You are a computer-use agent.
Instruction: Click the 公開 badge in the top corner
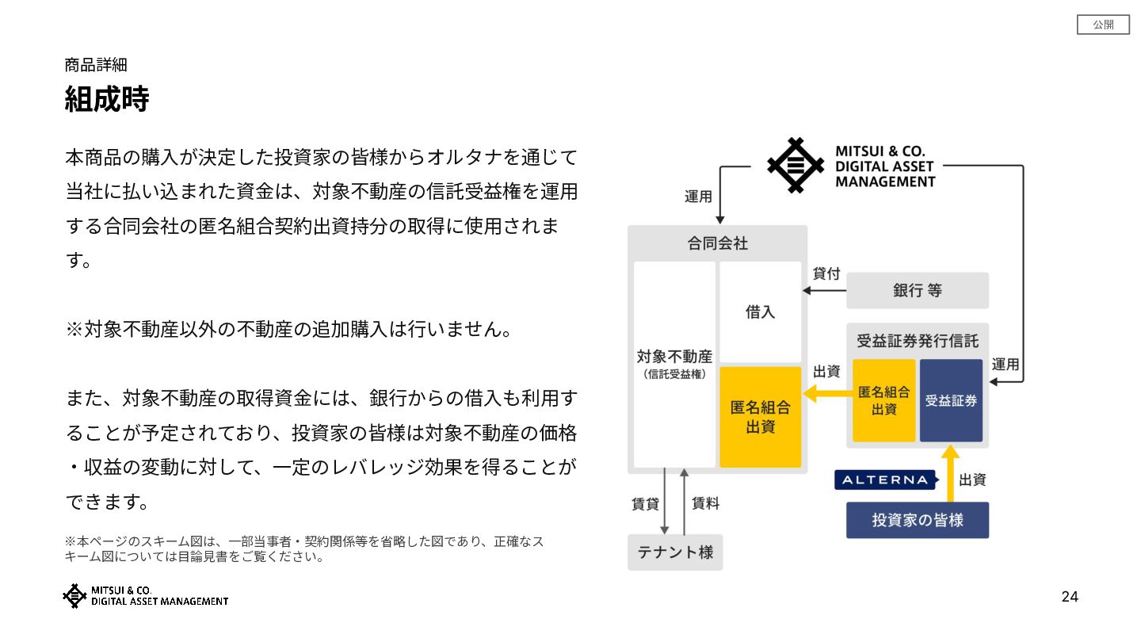[1103, 25]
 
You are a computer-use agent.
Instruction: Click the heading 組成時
[106, 100]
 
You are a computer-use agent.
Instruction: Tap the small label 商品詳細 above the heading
[96, 65]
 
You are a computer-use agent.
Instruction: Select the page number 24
[1070, 597]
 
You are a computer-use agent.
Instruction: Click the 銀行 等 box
[917, 290]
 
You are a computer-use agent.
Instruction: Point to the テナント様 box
[675, 552]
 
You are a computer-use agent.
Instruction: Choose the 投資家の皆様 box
[917, 520]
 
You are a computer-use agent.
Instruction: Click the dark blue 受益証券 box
[951, 400]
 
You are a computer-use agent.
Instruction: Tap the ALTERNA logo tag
[885, 480]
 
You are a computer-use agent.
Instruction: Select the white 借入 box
[760, 311]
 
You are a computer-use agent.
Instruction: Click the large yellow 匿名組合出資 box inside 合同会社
[760, 417]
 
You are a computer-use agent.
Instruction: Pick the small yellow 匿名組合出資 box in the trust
[884, 400]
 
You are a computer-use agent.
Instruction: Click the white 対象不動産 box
[674, 364]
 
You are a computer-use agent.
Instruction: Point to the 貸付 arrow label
[826, 273]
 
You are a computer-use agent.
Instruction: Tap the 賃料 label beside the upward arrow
[705, 503]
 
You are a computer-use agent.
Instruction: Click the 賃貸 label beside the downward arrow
[645, 503]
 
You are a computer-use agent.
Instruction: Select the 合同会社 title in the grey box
[717, 243]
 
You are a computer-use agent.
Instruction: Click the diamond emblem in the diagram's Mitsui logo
[796, 166]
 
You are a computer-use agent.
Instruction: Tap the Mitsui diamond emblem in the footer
[74, 596]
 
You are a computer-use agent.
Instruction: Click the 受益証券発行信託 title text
[917, 341]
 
